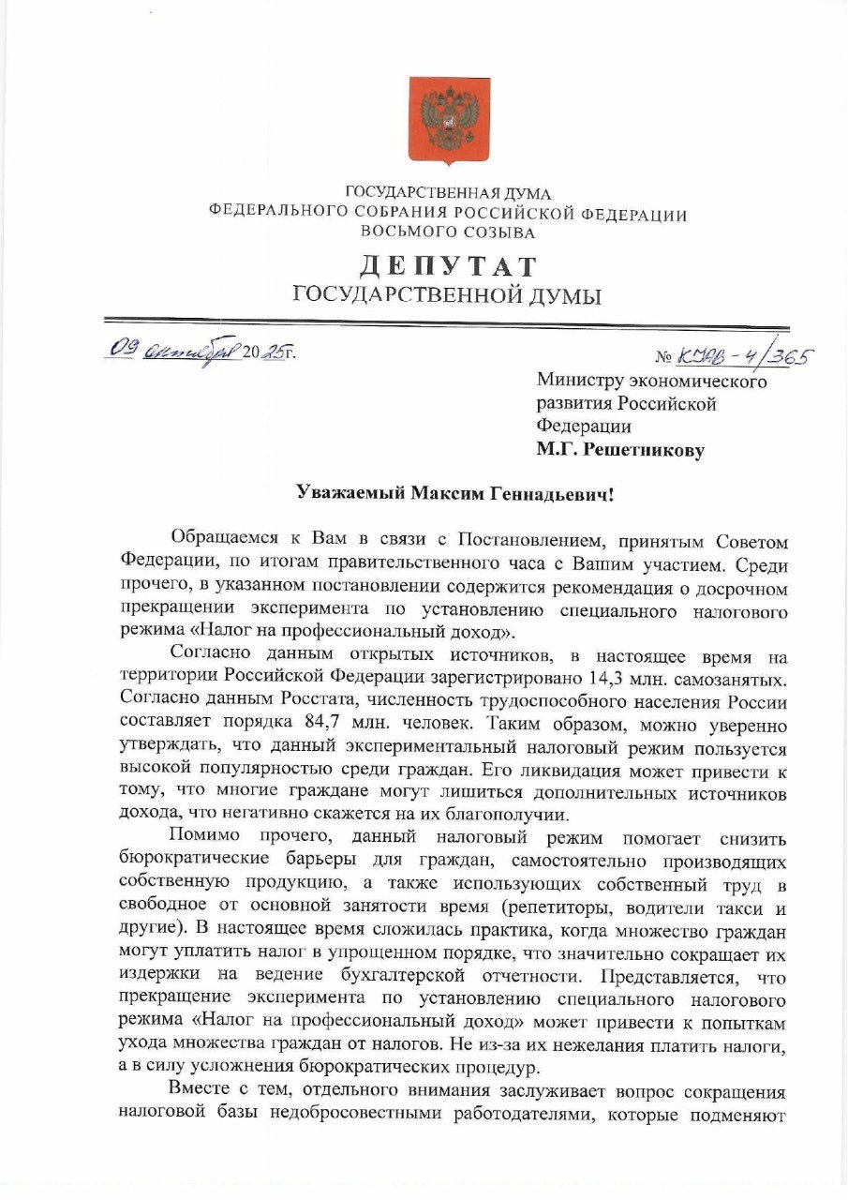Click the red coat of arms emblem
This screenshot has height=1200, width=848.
coord(449,120)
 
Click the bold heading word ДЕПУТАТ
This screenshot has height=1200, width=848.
coord(449,266)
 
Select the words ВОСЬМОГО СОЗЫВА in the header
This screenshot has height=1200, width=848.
coord(449,232)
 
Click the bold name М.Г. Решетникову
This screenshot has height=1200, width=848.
coord(620,450)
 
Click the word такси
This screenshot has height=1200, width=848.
coord(738,908)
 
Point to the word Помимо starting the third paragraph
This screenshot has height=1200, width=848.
coord(203,836)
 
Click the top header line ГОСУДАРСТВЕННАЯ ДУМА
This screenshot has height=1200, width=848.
coord(449,193)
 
